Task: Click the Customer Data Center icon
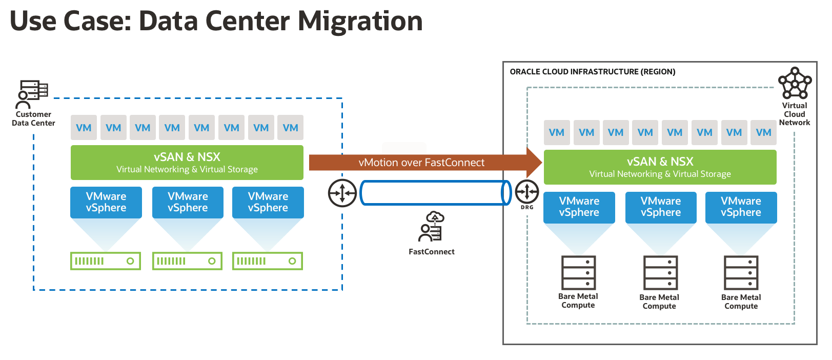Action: (33, 94)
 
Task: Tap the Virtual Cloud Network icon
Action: (795, 83)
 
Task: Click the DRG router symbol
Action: (526, 192)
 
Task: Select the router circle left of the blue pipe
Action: (342, 193)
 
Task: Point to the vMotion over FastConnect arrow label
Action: (421, 163)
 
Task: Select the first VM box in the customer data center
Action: (84, 128)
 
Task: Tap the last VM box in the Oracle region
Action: (763, 132)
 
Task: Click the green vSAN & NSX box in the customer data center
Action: (187, 162)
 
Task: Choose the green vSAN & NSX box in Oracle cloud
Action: (660, 167)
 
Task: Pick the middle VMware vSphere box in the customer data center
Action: (188, 202)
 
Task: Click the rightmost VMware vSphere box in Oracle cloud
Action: (741, 207)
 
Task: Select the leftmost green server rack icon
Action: (105, 261)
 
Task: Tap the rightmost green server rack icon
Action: (267, 261)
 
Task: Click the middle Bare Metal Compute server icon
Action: (660, 273)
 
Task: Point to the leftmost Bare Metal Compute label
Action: (578, 301)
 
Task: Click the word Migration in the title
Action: (360, 22)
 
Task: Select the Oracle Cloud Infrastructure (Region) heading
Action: (592, 72)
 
